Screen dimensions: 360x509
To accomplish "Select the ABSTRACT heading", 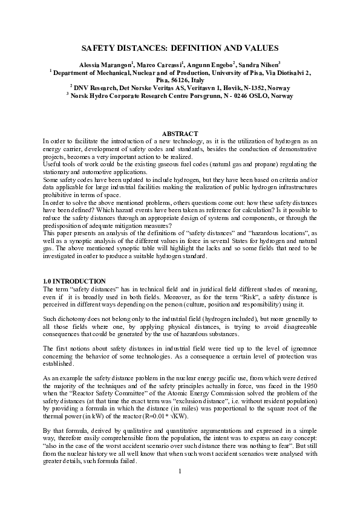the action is click(x=180, y=133).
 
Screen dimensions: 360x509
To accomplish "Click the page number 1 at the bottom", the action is click(x=180, y=488).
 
